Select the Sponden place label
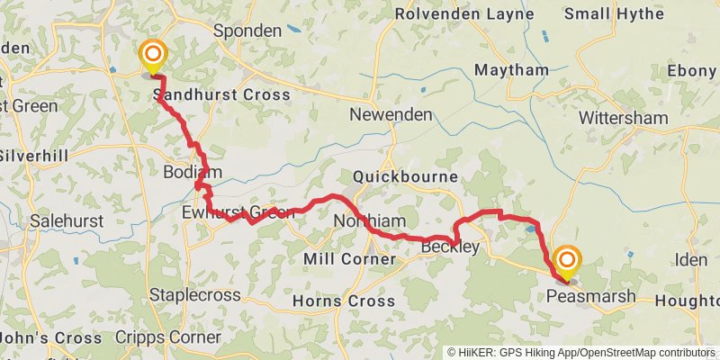click(247, 31)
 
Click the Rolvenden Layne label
click(464, 14)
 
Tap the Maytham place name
click(511, 70)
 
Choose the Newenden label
click(391, 114)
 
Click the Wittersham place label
click(624, 118)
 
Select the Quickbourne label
click(407, 176)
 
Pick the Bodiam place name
click(187, 172)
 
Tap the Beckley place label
click(449, 247)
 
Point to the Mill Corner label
click(350, 259)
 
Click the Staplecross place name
click(195, 295)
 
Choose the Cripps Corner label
click(168, 337)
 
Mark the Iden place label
click(693, 260)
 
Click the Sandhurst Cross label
click(221, 94)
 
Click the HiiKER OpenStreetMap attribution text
click(580, 353)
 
